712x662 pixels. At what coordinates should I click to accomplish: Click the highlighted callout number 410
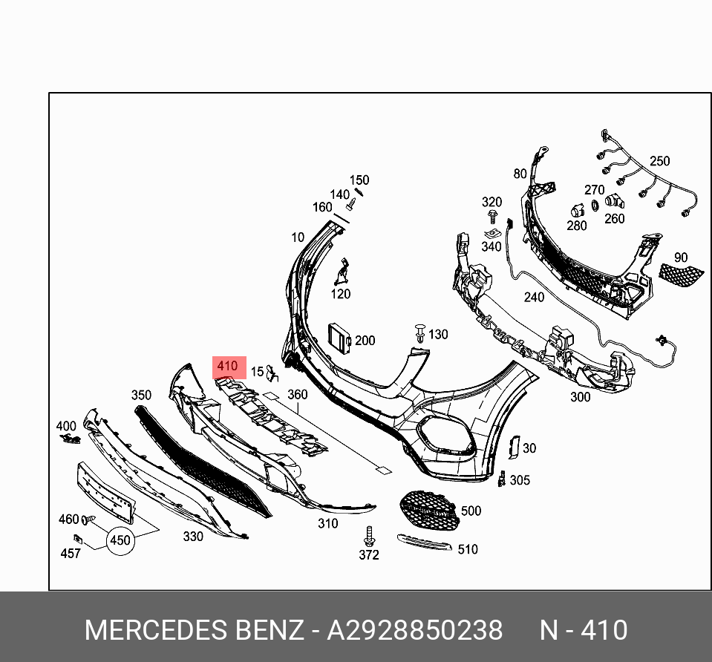point(227,367)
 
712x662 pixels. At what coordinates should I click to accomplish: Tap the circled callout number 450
point(120,540)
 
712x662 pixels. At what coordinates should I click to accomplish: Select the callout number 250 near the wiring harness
point(659,161)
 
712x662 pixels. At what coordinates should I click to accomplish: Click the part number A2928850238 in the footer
point(415,630)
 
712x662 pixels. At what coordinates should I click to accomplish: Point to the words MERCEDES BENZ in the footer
point(194,630)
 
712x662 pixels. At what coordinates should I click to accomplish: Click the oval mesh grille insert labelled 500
point(428,510)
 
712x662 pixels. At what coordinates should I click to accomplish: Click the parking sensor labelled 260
point(613,201)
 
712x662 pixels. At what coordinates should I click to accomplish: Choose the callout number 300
point(580,397)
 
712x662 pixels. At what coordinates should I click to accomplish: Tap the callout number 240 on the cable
point(534,298)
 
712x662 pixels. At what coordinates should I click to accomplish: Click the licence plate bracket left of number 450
point(105,491)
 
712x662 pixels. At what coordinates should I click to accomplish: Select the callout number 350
point(141,396)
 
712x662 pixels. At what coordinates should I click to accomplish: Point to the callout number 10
point(298,237)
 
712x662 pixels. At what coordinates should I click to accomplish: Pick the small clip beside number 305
point(503,479)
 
